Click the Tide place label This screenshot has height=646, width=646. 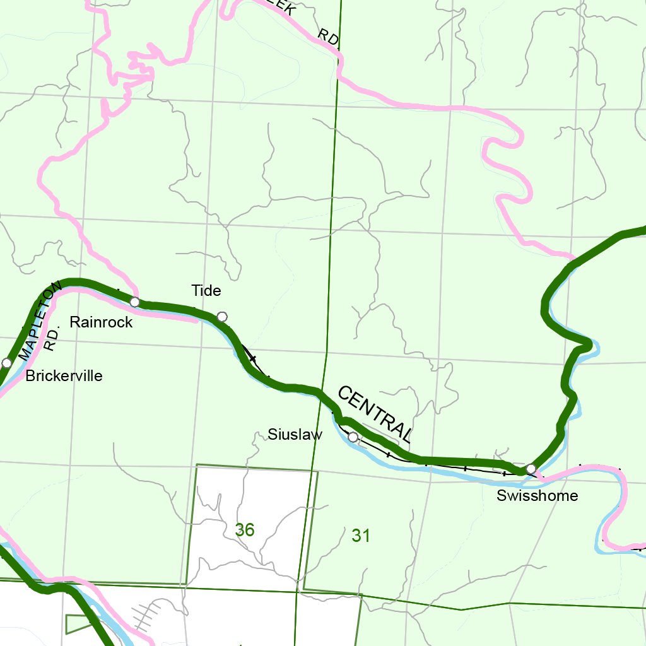(206, 291)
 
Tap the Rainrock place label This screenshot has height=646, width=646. (101, 322)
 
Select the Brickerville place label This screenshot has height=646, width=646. (64, 377)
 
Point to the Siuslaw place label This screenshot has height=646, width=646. (295, 435)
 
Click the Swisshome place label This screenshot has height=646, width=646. (537, 496)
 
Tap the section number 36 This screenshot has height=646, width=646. (245, 530)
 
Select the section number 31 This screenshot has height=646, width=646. (360, 536)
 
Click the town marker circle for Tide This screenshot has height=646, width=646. (221, 316)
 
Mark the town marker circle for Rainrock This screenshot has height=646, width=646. (134, 302)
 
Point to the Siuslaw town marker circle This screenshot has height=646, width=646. (353, 437)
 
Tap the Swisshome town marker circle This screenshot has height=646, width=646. (531, 468)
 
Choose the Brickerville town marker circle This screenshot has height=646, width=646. (6, 363)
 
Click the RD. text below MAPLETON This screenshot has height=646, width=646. (52, 341)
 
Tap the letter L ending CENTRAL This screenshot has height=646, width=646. (406, 435)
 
